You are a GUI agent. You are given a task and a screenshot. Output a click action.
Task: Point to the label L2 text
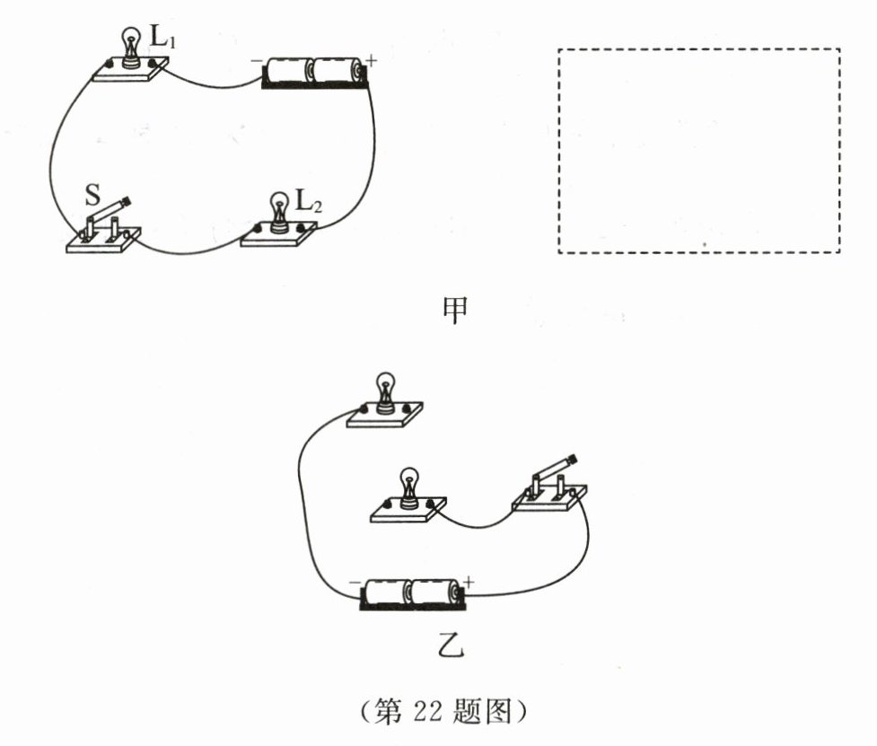click(x=309, y=204)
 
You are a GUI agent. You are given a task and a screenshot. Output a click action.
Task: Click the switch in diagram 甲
click(x=104, y=229)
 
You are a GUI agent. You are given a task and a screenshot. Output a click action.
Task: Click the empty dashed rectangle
click(x=699, y=151)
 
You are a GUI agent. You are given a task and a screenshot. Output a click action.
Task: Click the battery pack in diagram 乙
click(x=412, y=592)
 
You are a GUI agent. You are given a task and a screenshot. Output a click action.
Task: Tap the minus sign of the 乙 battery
click(x=354, y=583)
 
